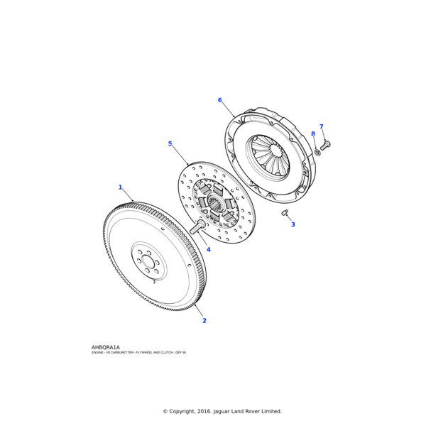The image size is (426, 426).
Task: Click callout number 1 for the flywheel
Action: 120,187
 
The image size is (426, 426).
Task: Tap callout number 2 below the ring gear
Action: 204,320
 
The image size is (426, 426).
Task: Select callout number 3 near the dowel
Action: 293,224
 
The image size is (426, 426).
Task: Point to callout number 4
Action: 208,249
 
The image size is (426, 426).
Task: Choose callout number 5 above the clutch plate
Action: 170,144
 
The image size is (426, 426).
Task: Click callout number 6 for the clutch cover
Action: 219,100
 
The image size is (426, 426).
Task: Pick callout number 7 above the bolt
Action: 321,127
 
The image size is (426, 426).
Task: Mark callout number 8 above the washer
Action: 312,133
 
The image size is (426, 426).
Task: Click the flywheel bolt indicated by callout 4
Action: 197,227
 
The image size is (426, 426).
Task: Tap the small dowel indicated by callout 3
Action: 285,212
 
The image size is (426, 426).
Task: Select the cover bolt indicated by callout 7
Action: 325,146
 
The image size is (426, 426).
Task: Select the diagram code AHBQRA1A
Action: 106,347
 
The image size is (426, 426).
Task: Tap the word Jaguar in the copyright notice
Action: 222,411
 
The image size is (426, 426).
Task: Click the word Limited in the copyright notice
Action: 271,411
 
